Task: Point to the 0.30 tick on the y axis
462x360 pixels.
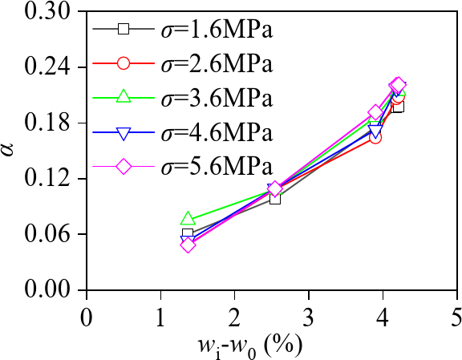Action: click(51, 12)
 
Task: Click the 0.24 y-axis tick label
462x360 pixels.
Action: click(51, 67)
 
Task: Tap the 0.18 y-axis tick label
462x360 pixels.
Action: click(51, 123)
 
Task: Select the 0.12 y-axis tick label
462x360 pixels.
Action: click(51, 178)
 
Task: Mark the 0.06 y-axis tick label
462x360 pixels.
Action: click(51, 234)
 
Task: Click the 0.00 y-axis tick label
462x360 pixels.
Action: click(51, 289)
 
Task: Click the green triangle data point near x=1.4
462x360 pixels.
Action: click(188, 219)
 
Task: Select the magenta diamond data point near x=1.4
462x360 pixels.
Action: click(188, 245)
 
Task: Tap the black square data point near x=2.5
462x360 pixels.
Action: click(275, 198)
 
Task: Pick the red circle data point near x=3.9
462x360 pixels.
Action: click(375, 137)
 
